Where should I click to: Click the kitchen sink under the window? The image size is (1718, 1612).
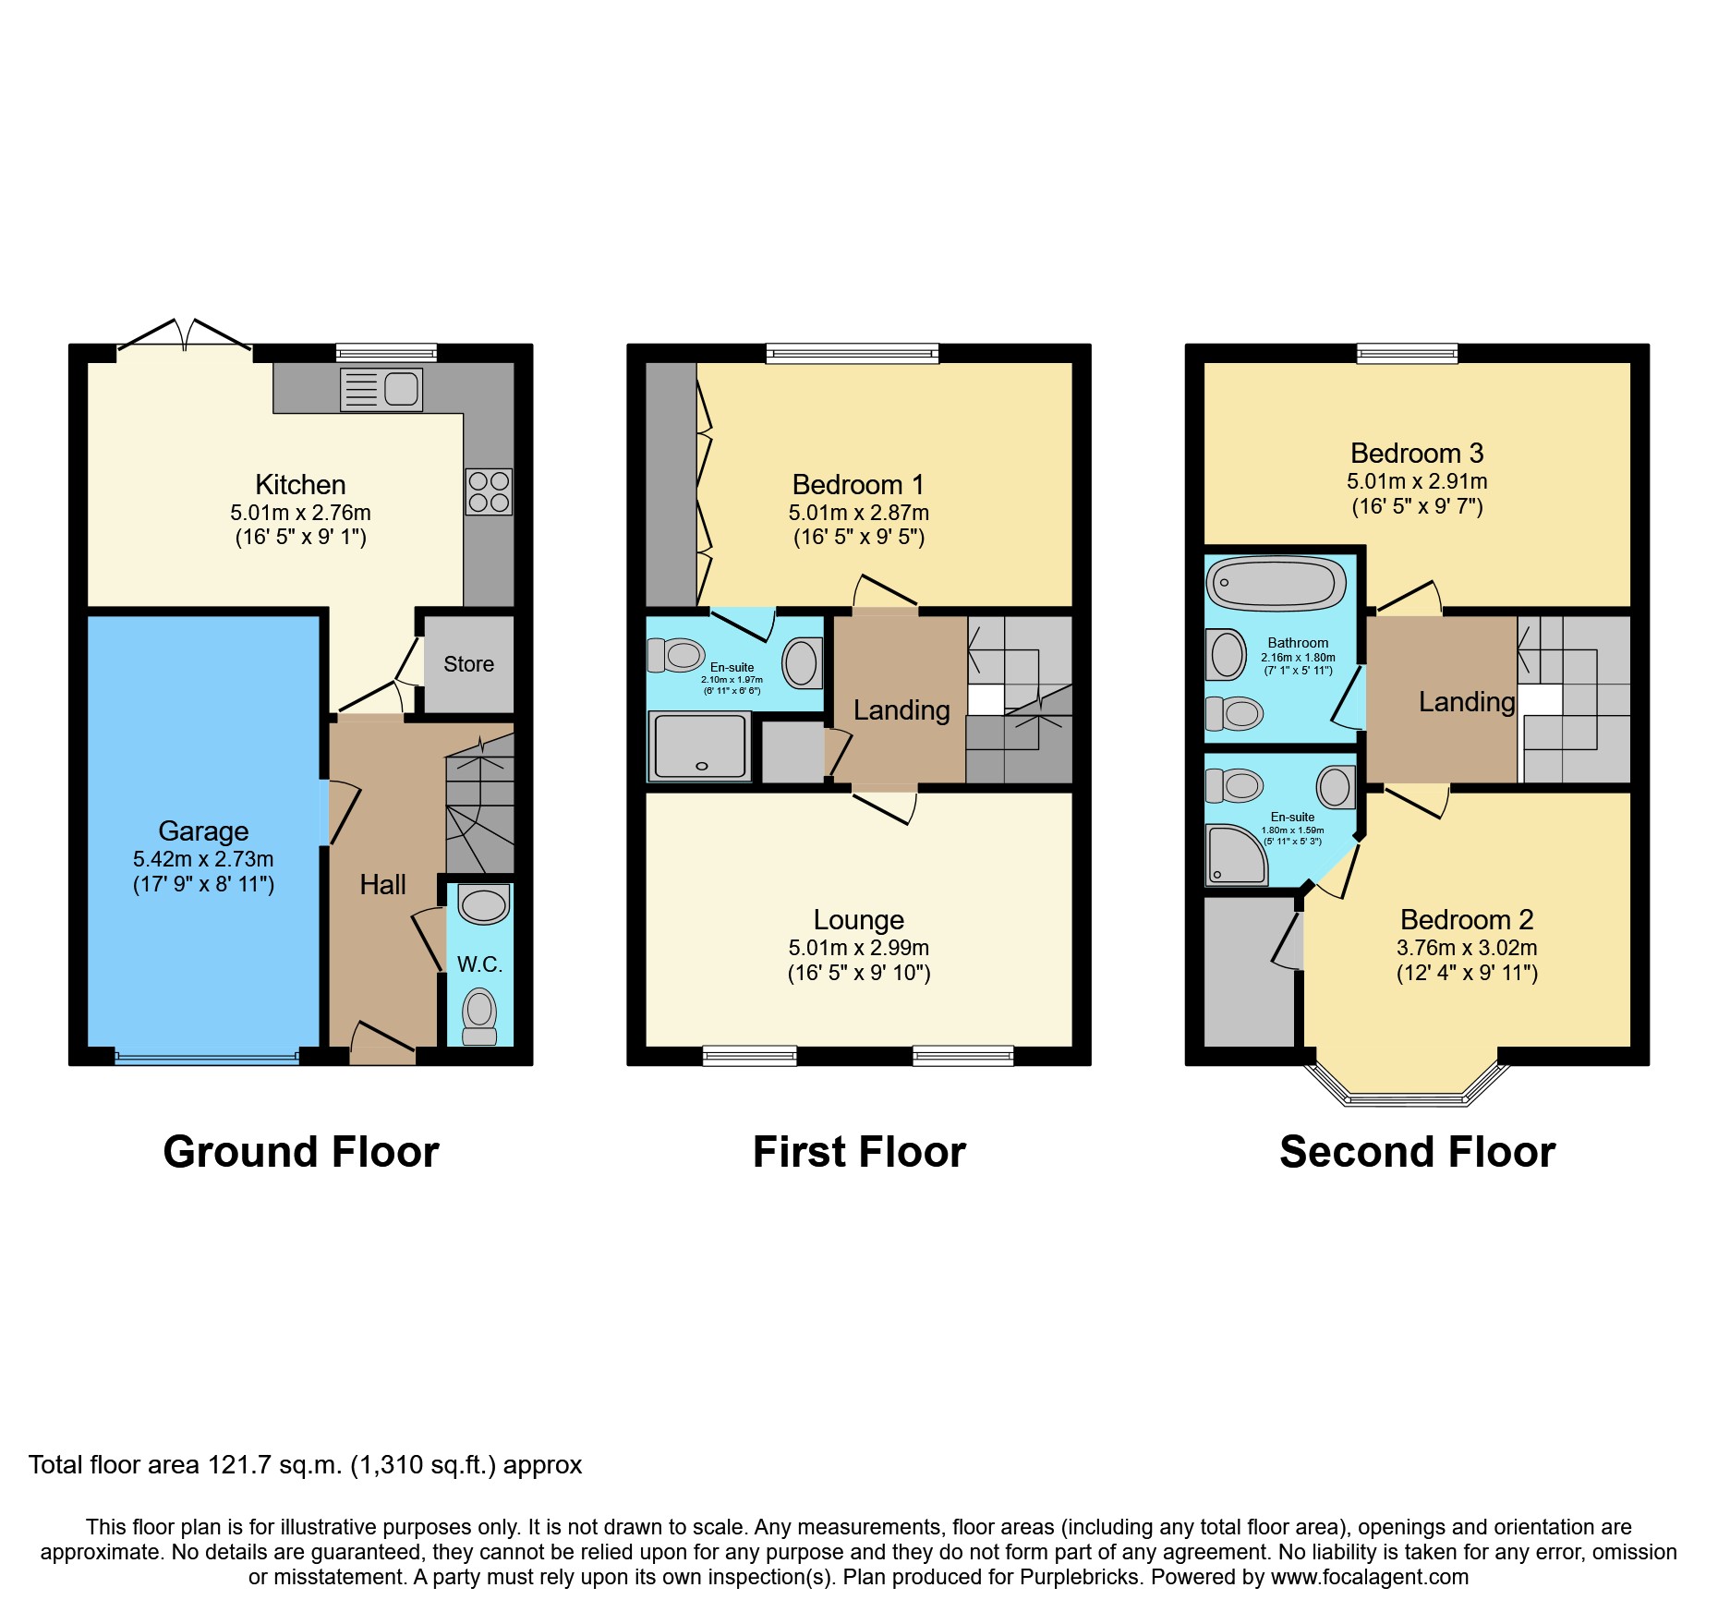[381, 389]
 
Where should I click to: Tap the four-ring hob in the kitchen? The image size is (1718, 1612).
[489, 491]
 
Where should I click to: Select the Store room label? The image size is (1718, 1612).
[468, 664]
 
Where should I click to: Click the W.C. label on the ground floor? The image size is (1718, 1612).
[479, 964]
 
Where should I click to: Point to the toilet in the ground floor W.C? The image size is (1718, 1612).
[479, 1013]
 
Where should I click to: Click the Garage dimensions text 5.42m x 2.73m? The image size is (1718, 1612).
[203, 859]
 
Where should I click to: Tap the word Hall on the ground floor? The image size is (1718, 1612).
[382, 885]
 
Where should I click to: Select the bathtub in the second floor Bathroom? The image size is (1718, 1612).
[1276, 583]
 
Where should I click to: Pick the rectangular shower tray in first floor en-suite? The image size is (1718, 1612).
[699, 746]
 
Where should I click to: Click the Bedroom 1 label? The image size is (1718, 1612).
[858, 485]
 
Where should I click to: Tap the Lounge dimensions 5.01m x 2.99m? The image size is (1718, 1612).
[858, 948]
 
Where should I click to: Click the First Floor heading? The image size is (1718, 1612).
[859, 1152]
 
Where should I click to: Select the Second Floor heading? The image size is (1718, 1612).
[1417, 1152]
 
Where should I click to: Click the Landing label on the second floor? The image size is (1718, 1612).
[1466, 702]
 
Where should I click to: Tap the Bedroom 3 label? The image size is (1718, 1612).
[1416, 454]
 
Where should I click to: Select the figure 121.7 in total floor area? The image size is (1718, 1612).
[237, 1465]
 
